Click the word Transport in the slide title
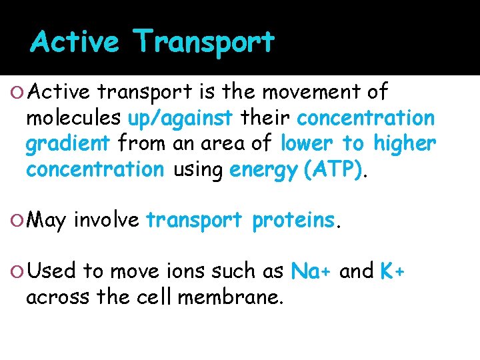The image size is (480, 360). pos(204,43)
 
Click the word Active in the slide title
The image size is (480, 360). pos(74,43)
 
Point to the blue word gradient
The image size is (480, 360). pos(67,144)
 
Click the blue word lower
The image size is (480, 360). pos(308,143)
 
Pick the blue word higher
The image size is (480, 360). pos(405,143)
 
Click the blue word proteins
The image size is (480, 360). pos(293,219)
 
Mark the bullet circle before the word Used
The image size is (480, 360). pos(17,271)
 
